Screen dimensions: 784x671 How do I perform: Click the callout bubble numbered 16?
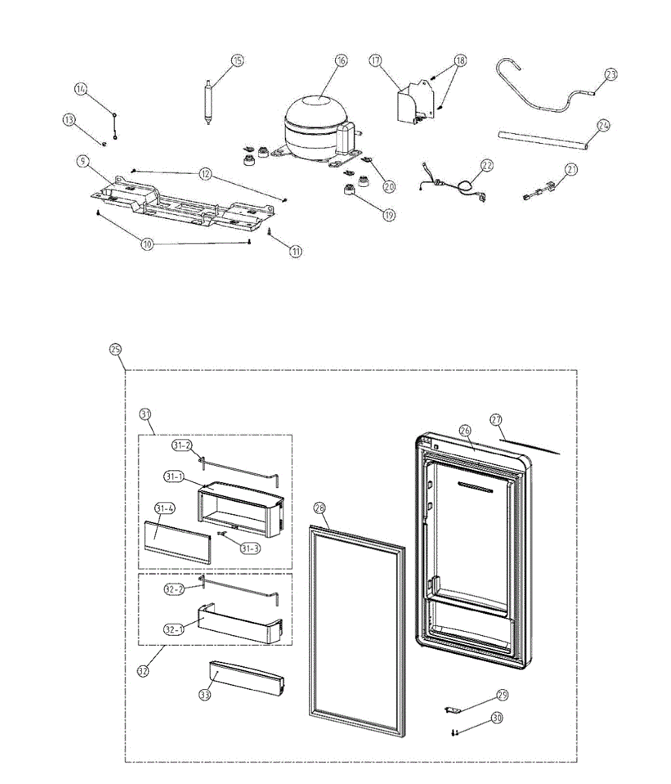pyautogui.click(x=341, y=60)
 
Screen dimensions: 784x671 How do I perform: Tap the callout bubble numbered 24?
pyautogui.click(x=604, y=126)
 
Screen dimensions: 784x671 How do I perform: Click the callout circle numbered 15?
pyautogui.click(x=237, y=60)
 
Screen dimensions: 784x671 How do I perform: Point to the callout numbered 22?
pyautogui.click(x=486, y=165)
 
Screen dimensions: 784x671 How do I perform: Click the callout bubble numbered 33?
pyautogui.click(x=205, y=695)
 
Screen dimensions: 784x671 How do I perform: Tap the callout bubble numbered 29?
pyautogui.click(x=502, y=695)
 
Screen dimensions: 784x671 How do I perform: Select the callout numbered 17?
pyautogui.click(x=375, y=60)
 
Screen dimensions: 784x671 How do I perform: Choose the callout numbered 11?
pyautogui.click(x=297, y=250)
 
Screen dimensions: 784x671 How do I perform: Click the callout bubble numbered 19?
pyautogui.click(x=389, y=214)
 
